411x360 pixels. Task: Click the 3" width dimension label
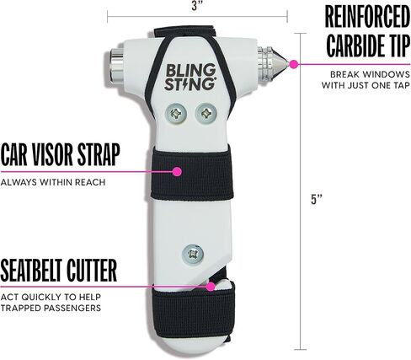tap(195, 6)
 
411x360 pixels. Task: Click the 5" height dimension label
tap(316, 199)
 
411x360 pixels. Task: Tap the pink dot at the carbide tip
tap(294, 64)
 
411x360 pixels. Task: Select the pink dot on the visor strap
tap(177, 171)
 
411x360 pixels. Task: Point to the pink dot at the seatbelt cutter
tap(211, 287)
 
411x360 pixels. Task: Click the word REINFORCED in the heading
tap(367, 17)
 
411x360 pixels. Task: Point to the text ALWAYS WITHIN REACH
tap(53, 182)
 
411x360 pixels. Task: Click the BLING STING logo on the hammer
tap(190, 77)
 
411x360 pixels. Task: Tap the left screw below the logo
tap(176, 114)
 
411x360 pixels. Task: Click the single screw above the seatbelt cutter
tap(193, 254)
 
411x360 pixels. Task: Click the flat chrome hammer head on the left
tap(115, 67)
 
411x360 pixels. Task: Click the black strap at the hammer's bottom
tap(194, 312)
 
